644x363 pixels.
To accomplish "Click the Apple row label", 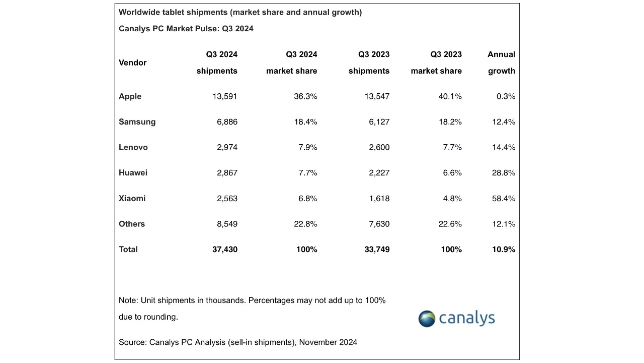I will [130, 96].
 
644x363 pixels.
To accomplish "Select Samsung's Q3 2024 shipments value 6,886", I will [227, 122].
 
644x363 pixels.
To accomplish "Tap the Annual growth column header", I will [501, 63].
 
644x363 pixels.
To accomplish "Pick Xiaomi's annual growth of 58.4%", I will [503, 199].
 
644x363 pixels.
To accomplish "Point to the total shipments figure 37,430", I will [224, 250].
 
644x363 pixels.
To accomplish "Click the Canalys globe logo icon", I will [427, 319].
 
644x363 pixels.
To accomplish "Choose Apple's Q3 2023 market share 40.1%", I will [450, 96].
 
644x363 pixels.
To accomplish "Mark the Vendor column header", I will [132, 63].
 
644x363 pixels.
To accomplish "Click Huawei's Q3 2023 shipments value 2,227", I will [377, 173].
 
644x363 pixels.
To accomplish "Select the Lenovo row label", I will [133, 147].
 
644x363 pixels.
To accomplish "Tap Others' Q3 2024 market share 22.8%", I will [305, 224].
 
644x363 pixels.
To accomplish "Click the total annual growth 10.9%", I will [503, 250].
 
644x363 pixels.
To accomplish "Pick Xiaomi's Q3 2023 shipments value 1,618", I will [379, 199].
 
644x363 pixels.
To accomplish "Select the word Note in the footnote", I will [128, 300].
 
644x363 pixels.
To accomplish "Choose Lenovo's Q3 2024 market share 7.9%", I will [307, 147].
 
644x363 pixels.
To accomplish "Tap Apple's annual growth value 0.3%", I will [506, 96].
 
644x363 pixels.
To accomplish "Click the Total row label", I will [128, 250].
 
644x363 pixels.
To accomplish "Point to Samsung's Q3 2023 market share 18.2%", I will [450, 122].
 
